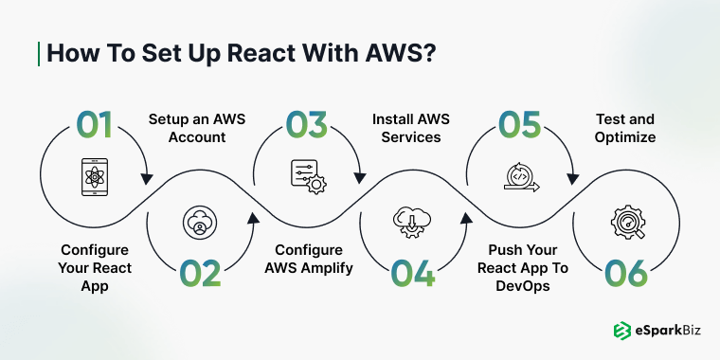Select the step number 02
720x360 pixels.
coord(200,273)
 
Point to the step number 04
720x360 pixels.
coord(414,273)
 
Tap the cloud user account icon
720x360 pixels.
coord(200,223)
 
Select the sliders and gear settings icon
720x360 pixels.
coord(307,177)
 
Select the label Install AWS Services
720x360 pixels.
coord(410,128)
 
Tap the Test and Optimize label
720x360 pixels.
coord(624,128)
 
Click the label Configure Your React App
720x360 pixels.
coord(95,267)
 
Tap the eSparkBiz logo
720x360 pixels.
coord(653,331)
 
